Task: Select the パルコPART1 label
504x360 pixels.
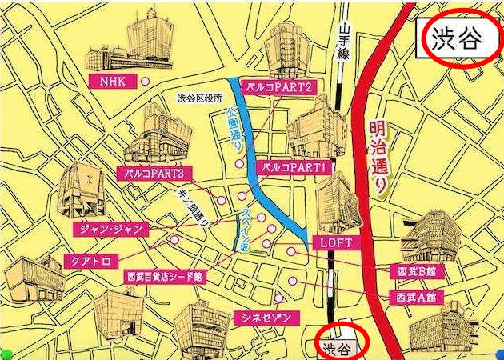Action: (294, 168)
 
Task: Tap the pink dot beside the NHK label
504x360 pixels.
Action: (145, 82)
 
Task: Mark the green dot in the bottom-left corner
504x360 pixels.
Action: (6, 354)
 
